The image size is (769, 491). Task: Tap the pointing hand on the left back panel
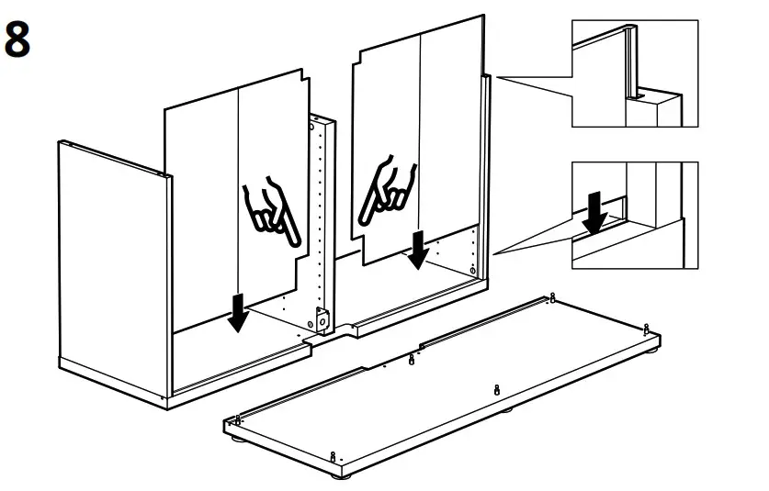(x=272, y=213)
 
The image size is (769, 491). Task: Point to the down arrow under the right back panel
(x=418, y=249)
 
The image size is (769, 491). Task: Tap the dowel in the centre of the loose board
(x=495, y=390)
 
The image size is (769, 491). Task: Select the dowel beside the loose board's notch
(x=411, y=358)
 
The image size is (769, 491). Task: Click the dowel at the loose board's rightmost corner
(x=648, y=328)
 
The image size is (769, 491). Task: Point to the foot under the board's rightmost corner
(x=655, y=348)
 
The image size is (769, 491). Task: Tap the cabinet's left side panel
(x=110, y=266)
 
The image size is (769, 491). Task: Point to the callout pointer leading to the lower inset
(x=533, y=240)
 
